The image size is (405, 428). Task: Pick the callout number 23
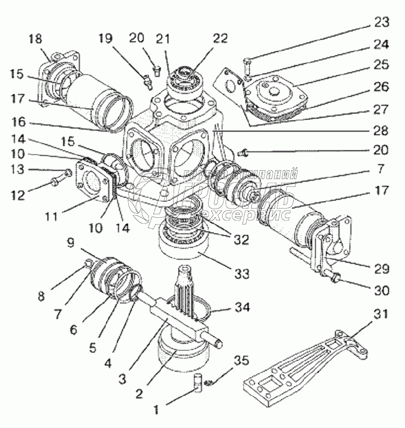point(382,22)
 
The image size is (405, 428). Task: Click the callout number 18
point(36,39)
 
